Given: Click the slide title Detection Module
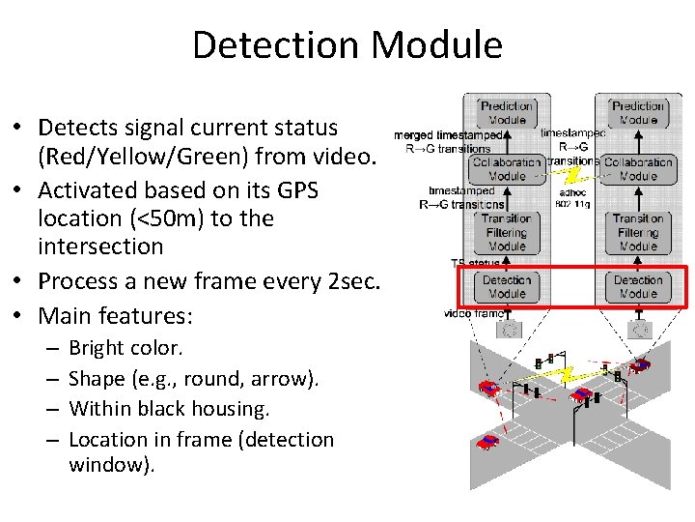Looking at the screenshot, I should (347, 45).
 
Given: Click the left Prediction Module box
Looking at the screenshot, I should (507, 113).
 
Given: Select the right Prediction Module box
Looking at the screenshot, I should (638, 113).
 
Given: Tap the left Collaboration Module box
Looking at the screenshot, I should (507, 169).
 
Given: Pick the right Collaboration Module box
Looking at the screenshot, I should (638, 169).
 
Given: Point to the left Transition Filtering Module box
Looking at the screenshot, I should (507, 232).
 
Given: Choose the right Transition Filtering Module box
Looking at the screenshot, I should (638, 232).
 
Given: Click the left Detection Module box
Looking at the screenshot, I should (507, 287).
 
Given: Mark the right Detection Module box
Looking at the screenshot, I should (638, 287).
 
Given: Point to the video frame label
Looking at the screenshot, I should (472, 313).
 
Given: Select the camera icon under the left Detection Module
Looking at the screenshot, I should (509, 330).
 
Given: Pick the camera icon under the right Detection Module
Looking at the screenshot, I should (638, 330).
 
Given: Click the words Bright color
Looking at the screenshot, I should (125, 347).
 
